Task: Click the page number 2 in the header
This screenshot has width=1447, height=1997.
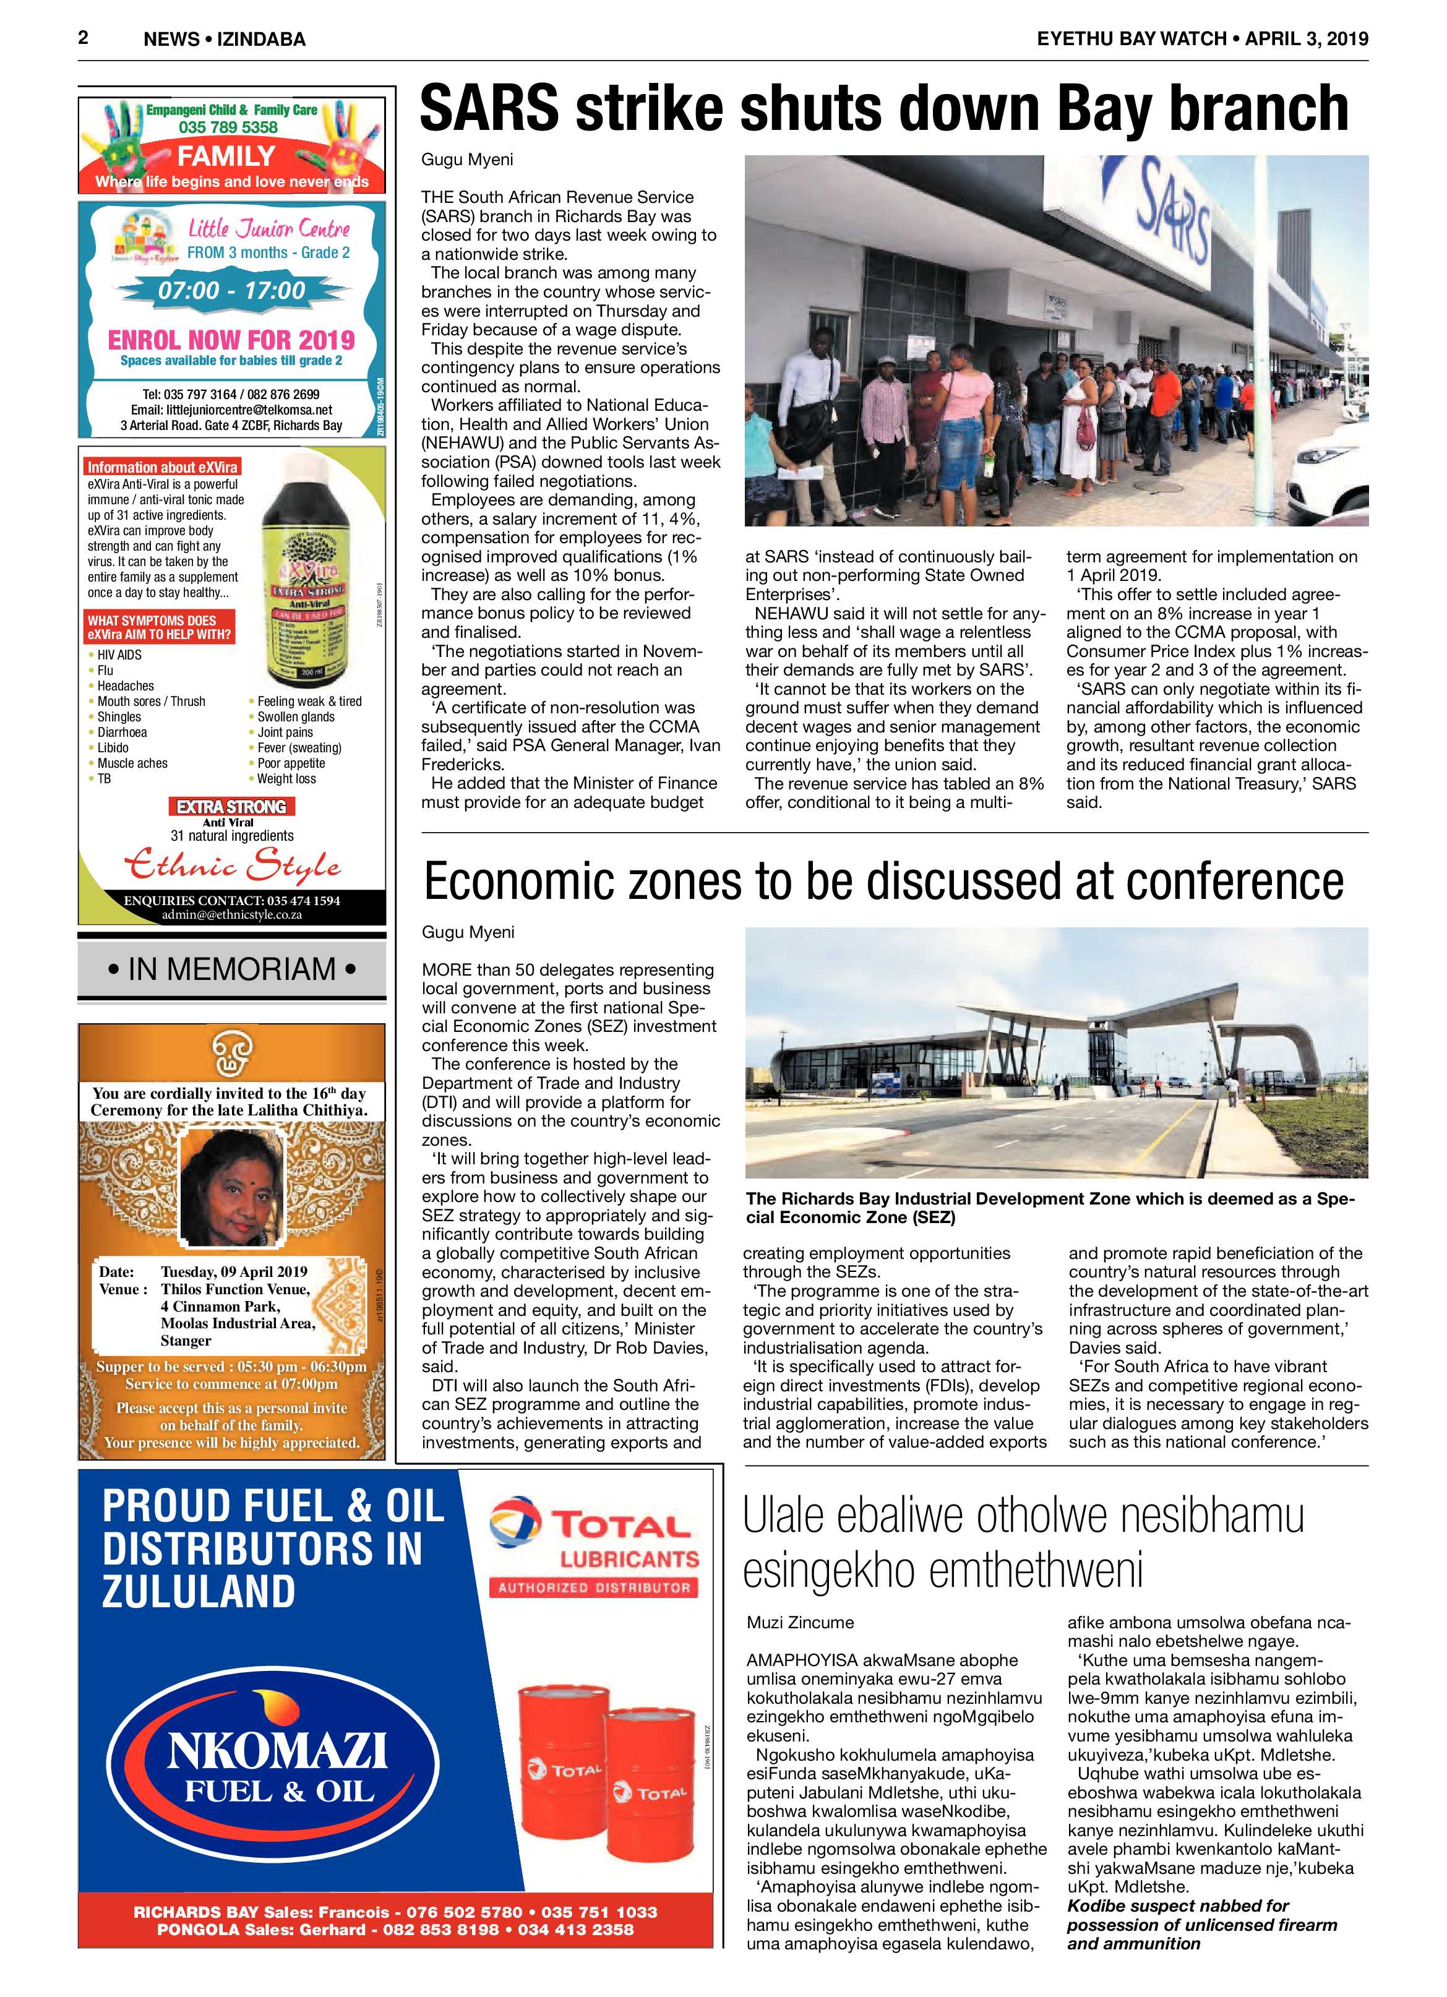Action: [x=83, y=37]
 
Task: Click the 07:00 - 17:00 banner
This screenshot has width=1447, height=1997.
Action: [x=231, y=290]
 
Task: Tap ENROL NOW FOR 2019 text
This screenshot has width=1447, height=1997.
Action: [x=231, y=340]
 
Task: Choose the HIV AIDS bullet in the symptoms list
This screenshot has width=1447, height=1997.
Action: [x=119, y=654]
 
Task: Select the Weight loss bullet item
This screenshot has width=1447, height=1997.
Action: [x=285, y=778]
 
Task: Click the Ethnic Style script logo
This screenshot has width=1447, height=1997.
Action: [x=231, y=865]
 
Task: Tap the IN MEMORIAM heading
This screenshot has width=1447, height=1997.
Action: [x=231, y=969]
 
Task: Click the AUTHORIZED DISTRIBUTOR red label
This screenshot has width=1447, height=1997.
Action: [x=594, y=1587]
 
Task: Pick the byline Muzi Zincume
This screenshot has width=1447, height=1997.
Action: [x=800, y=1622]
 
